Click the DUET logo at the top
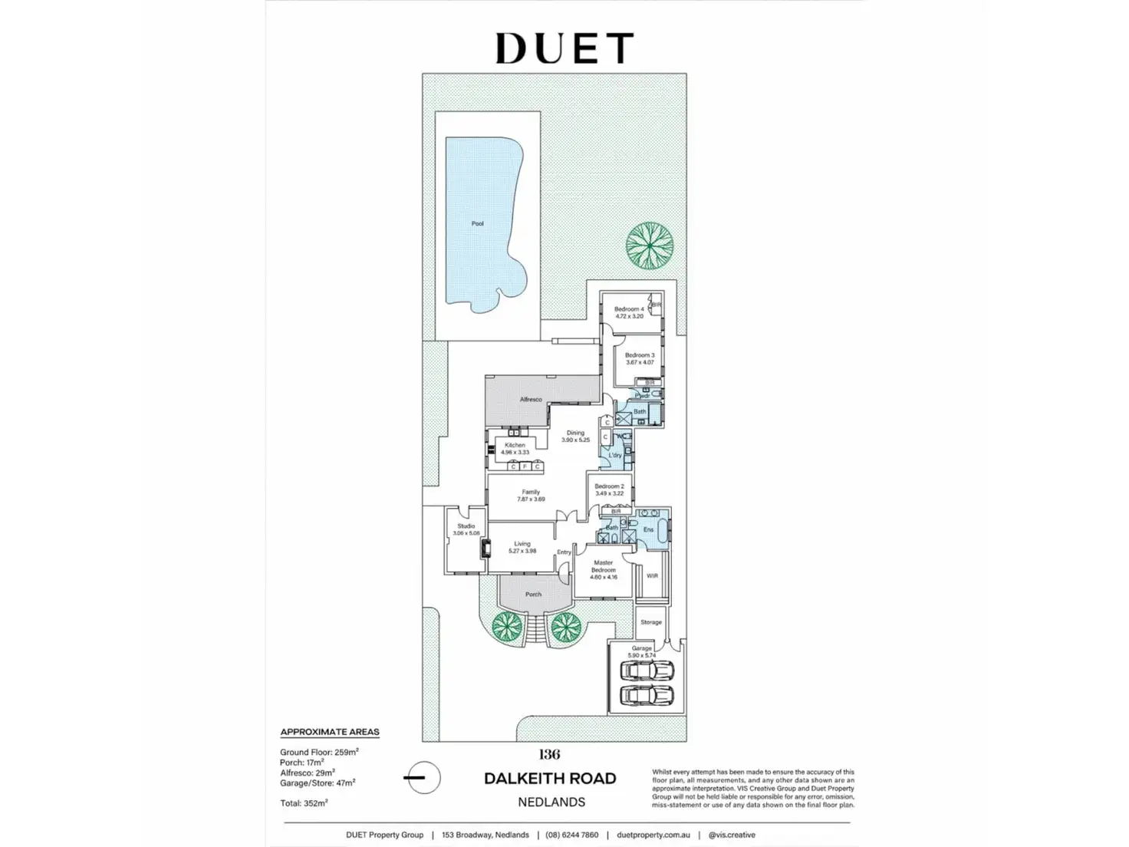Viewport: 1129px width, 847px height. [x=564, y=48]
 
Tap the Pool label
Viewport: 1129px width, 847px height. [x=478, y=224]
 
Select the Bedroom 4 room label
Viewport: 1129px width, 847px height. [x=629, y=309]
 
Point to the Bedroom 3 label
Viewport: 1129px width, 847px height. [x=640, y=355]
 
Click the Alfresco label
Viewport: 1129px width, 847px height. [x=531, y=400]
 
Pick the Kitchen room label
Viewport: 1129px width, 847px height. [x=515, y=445]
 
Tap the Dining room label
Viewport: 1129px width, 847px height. [x=575, y=433]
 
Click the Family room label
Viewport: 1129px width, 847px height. [x=531, y=493]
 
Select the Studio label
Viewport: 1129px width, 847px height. [x=466, y=526]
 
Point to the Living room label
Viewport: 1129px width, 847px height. [x=522, y=544]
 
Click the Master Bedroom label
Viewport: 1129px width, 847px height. [x=604, y=566]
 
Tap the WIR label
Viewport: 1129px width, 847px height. [x=652, y=576]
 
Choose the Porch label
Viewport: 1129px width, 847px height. [x=533, y=595]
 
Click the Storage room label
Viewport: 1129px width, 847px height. [x=651, y=622]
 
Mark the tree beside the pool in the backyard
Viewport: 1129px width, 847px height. [x=650, y=245]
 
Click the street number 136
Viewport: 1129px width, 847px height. [x=549, y=754]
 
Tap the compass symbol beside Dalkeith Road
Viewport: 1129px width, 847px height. [x=421, y=778]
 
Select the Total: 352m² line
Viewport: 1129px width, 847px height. [x=304, y=803]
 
